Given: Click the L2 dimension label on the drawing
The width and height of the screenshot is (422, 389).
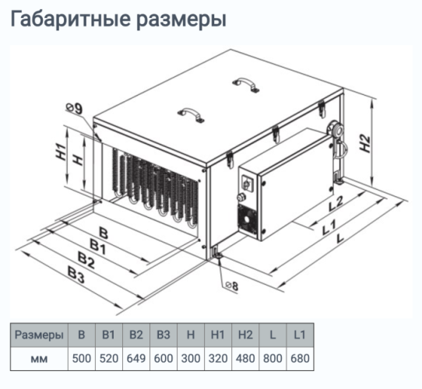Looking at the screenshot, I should tap(336, 205).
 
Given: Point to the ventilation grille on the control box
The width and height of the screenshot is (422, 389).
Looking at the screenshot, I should tap(250, 222).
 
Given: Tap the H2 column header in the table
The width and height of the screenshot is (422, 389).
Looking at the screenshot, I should tap(244, 335).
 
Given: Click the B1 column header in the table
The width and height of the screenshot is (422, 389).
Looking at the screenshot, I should tap(109, 335).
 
